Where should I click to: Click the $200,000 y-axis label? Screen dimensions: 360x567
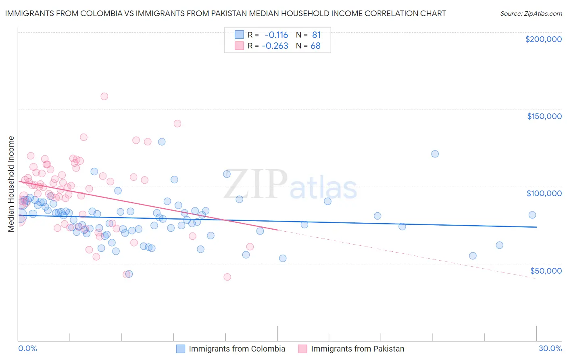click(x=543, y=39)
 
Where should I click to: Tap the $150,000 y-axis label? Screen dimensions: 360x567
click(x=544, y=116)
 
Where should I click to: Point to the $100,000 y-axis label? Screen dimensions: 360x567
click(x=544, y=193)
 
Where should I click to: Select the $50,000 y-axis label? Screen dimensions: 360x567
click(x=546, y=270)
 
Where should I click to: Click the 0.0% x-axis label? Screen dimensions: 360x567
click(x=27, y=348)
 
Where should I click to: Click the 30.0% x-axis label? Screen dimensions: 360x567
click(x=550, y=348)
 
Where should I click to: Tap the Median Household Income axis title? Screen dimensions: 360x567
click(x=11, y=184)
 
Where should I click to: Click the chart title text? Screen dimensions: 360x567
click(x=225, y=13)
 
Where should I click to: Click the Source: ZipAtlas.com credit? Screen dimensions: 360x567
click(x=531, y=13)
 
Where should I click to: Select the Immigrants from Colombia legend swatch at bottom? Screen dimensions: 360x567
click(x=181, y=349)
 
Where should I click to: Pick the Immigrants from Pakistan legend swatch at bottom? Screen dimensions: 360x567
click(x=303, y=349)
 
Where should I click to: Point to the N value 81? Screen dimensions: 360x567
click(x=316, y=35)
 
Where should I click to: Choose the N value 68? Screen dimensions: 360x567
click(x=315, y=46)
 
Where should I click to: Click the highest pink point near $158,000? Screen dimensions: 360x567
click(x=104, y=96)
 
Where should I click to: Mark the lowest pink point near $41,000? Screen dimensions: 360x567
click(x=227, y=277)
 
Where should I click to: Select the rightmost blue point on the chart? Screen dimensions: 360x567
click(x=532, y=215)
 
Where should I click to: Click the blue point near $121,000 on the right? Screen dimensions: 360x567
click(x=435, y=154)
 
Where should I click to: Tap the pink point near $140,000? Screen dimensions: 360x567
click(x=177, y=123)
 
